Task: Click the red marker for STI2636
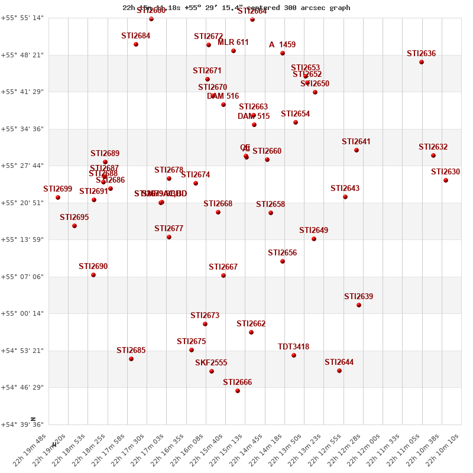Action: tap(422, 62)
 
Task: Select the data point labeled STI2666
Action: tap(238, 391)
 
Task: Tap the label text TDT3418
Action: tap(293, 347)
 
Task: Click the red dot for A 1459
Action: tap(283, 53)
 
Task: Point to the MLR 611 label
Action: tap(233, 43)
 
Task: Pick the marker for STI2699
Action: tap(58, 197)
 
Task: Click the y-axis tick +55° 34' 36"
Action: tap(22, 129)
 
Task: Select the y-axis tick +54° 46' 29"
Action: tap(22, 387)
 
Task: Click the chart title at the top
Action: tap(237, 8)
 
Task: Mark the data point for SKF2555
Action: tap(212, 371)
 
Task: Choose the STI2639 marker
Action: tap(359, 305)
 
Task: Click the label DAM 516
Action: tap(223, 96)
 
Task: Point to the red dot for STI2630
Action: tap(446, 180)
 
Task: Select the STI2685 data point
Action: tap(131, 359)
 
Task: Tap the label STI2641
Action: tap(356, 142)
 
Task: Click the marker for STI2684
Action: tap(136, 44)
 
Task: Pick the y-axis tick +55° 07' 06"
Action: tap(22, 277)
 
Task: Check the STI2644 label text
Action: tap(339, 362)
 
